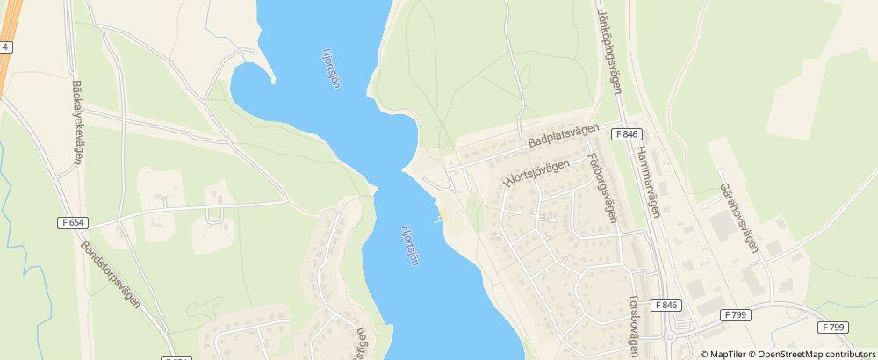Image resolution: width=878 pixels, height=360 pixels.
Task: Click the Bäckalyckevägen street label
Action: [x=77, y=119]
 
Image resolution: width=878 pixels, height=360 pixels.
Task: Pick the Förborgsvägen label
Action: [x=605, y=189]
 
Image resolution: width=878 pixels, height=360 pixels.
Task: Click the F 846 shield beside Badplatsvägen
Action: [x=627, y=134]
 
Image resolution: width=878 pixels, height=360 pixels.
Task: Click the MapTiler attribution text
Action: [x=725, y=354]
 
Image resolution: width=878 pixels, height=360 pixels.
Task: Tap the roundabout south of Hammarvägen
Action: [x=670, y=337]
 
